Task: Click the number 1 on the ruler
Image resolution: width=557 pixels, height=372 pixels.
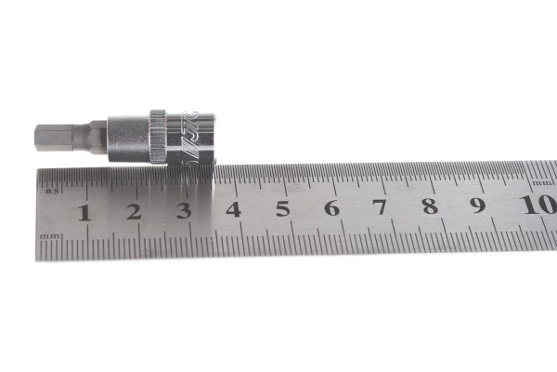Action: pos(84,212)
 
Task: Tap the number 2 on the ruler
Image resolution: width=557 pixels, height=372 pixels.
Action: pos(134,211)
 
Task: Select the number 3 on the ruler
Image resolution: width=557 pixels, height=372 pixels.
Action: pos(184,210)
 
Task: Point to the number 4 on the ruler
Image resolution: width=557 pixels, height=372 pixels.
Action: pos(233,209)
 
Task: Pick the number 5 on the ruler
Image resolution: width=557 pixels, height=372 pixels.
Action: pos(282,208)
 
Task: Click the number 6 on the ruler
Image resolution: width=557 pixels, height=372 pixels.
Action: pos(331,207)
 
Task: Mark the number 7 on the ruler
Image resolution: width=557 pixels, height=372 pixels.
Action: pos(381,206)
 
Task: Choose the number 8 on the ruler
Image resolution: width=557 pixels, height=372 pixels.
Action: pos(430,206)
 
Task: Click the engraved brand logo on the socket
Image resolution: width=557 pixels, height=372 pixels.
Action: pos(192,135)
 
